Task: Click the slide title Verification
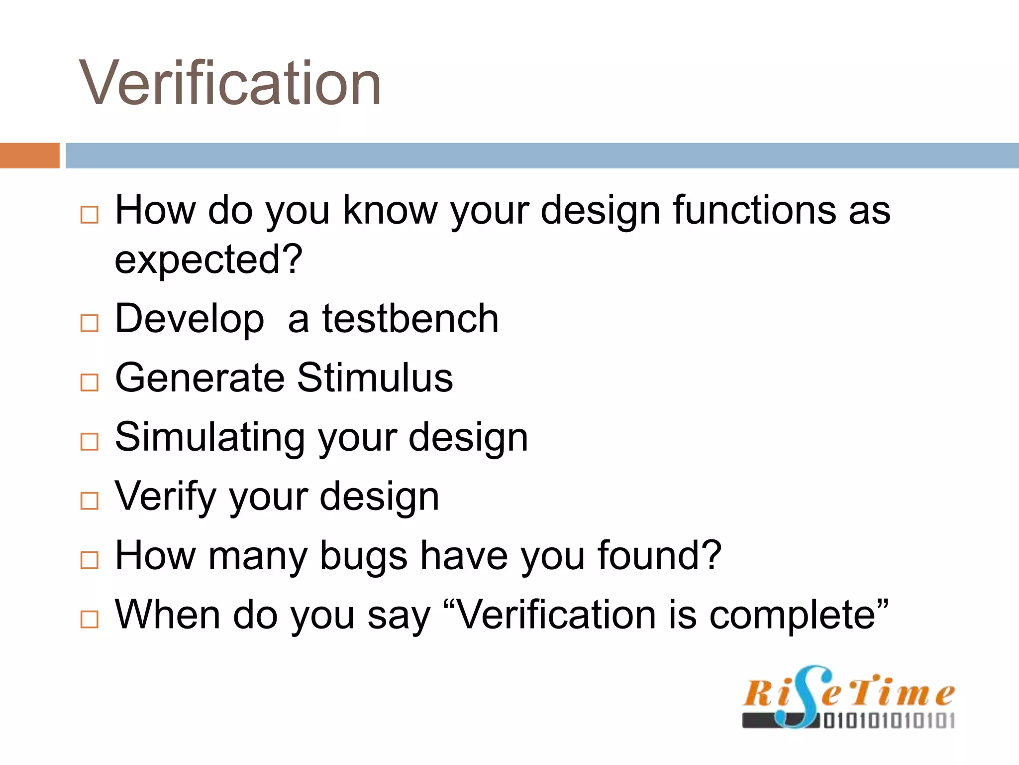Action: tap(230, 83)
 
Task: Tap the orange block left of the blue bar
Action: tap(29, 155)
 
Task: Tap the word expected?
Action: tap(208, 259)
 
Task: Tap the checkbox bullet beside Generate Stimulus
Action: tap(90, 382)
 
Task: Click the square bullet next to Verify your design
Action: tap(90, 501)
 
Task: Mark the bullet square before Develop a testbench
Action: tap(90, 324)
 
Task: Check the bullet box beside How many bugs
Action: tap(90, 560)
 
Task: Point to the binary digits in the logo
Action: tap(889, 720)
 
